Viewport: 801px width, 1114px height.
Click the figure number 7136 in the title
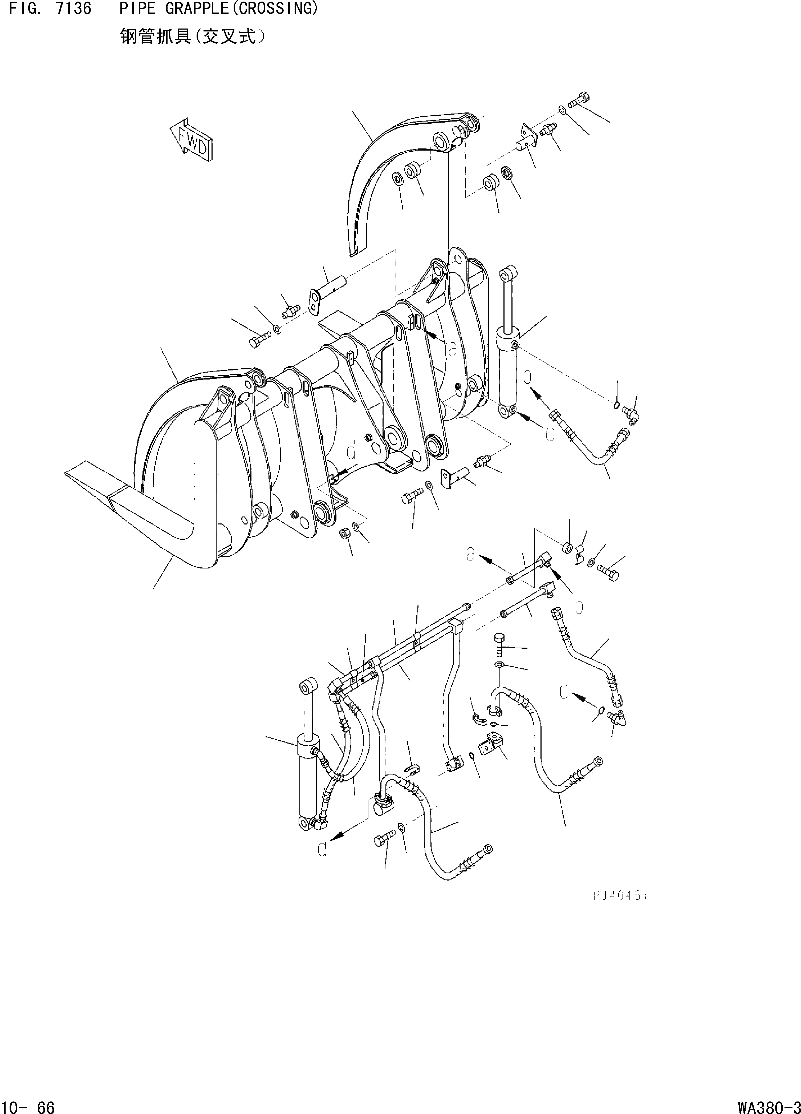pos(74,9)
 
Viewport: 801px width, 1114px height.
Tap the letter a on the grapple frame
pos(453,349)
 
